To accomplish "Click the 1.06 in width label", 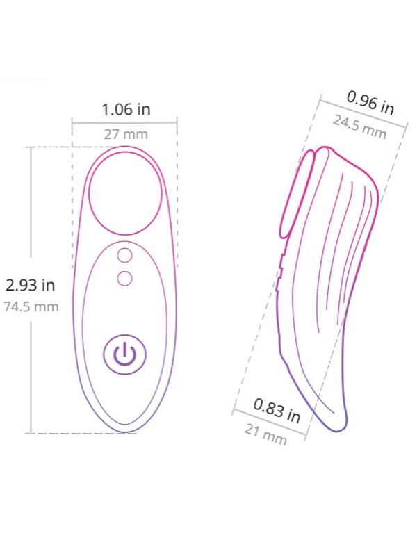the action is pos(126,109).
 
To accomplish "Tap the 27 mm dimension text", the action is pos(126,135).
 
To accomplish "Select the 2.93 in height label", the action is pos(31,285).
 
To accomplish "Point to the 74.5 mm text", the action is pos(31,306).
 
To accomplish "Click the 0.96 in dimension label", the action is pos(370,103).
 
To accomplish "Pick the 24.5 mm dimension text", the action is pos(359,127).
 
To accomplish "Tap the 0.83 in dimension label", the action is pos(277,411).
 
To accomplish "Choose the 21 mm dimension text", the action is pos(265,435).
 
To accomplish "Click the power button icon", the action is pos(125,354).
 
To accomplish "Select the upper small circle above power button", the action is pos(124,255).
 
